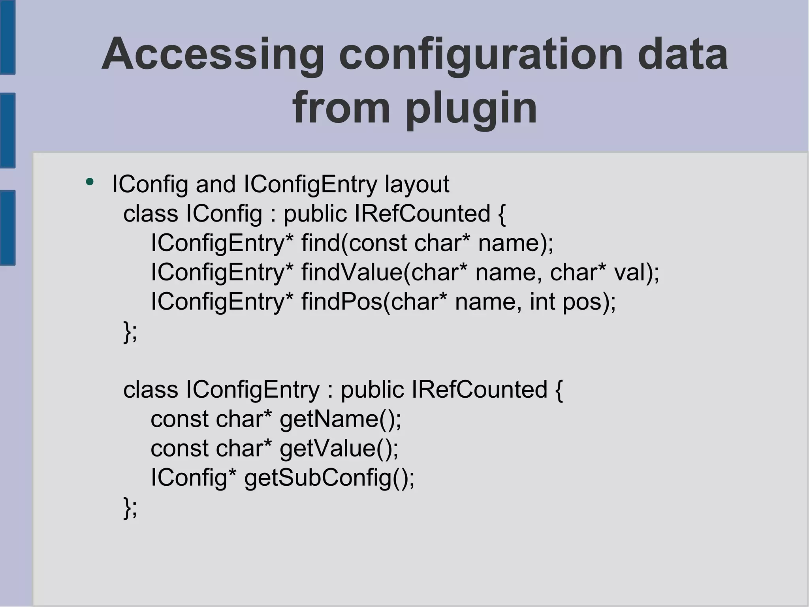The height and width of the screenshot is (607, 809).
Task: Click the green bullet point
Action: pos(90,182)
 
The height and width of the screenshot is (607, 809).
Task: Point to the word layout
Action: pos(417,184)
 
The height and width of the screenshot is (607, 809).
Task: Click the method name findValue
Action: pos(352,272)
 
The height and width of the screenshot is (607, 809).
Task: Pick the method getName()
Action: pos(340,419)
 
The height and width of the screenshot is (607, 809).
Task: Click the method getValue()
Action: pos(339,448)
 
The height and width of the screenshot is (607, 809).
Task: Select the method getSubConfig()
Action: pos(329,477)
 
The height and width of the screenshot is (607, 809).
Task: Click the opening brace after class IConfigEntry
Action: pos(559,390)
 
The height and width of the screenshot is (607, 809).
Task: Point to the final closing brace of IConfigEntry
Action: pos(127,508)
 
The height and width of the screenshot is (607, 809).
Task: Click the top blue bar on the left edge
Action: pos(8,38)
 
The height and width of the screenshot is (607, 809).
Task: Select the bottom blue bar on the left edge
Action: pos(8,228)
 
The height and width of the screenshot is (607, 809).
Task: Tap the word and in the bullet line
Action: pos(216,184)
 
